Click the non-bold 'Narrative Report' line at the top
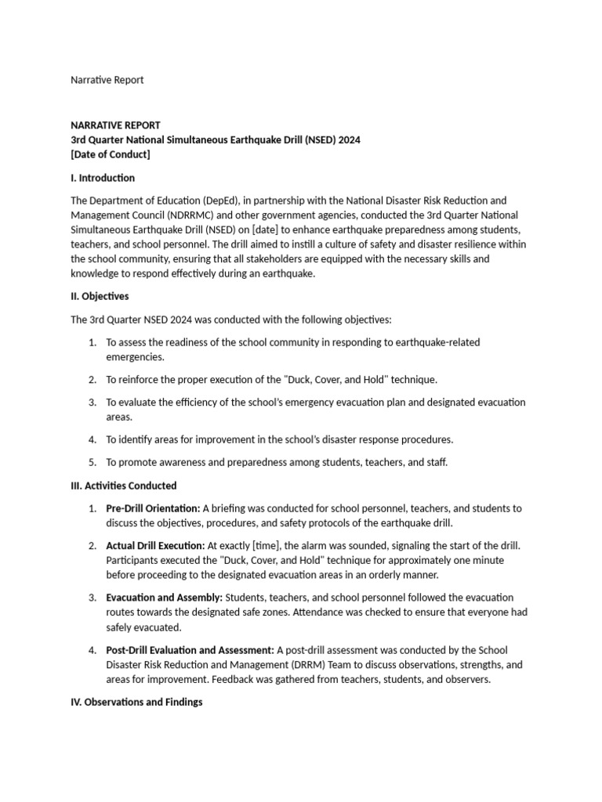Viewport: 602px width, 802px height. coord(107,80)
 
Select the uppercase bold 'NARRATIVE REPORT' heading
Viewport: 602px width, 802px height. coord(115,125)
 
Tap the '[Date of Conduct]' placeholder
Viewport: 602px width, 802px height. coord(110,154)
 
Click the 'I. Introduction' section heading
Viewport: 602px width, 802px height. coord(103,178)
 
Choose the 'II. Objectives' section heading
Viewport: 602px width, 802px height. coord(100,297)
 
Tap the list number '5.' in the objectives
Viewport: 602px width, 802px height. coord(92,462)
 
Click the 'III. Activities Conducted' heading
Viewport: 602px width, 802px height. coord(124,486)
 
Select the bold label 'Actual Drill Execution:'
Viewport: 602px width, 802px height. coord(155,545)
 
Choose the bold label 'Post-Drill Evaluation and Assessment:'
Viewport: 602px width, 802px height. coord(190,650)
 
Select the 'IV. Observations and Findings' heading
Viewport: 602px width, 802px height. coord(136,703)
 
